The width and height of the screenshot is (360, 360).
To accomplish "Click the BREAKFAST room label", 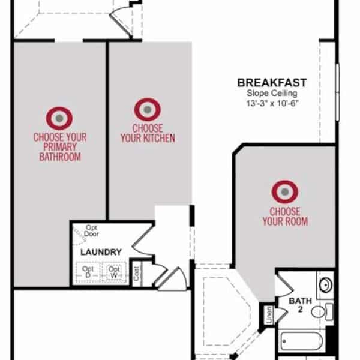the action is click(272, 83).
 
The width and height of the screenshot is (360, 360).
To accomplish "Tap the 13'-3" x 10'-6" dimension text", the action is click(272, 103).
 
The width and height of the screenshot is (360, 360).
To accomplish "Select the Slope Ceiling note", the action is click(272, 94).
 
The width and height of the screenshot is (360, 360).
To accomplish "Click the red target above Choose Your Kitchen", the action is click(148, 110).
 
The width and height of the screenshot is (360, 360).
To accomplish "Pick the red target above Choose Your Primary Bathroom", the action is click(59, 118).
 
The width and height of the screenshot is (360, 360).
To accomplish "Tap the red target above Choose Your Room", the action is click(284, 192).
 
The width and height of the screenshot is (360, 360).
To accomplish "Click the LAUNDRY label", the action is click(101, 252).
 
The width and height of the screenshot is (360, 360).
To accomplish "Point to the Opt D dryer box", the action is click(88, 272).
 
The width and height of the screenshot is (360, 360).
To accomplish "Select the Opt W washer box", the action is click(114, 272).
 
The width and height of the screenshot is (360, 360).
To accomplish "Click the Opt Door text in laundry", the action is click(91, 231).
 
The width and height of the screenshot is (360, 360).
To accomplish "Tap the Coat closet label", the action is click(137, 274).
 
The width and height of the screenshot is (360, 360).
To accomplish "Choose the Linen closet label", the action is click(269, 315).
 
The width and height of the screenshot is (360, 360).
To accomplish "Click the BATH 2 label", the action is click(301, 305).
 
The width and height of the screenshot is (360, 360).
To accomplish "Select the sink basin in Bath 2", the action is click(326, 285).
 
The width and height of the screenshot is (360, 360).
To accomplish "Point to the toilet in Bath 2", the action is click(322, 312).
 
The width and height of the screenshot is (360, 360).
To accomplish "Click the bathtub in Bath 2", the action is click(301, 341).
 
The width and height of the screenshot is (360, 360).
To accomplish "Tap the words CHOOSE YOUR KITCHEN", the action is click(148, 133).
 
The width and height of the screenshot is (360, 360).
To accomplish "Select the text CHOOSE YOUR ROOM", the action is click(285, 217).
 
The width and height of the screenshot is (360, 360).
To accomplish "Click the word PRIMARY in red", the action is click(60, 147).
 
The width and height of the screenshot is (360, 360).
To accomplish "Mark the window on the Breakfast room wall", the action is click(337, 92).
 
